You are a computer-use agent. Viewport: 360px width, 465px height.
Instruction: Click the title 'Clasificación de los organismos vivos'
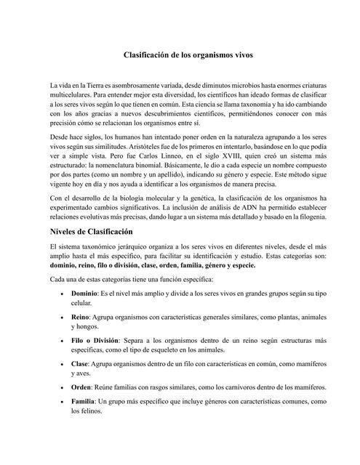180,54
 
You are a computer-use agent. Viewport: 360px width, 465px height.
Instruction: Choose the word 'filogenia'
312,198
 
